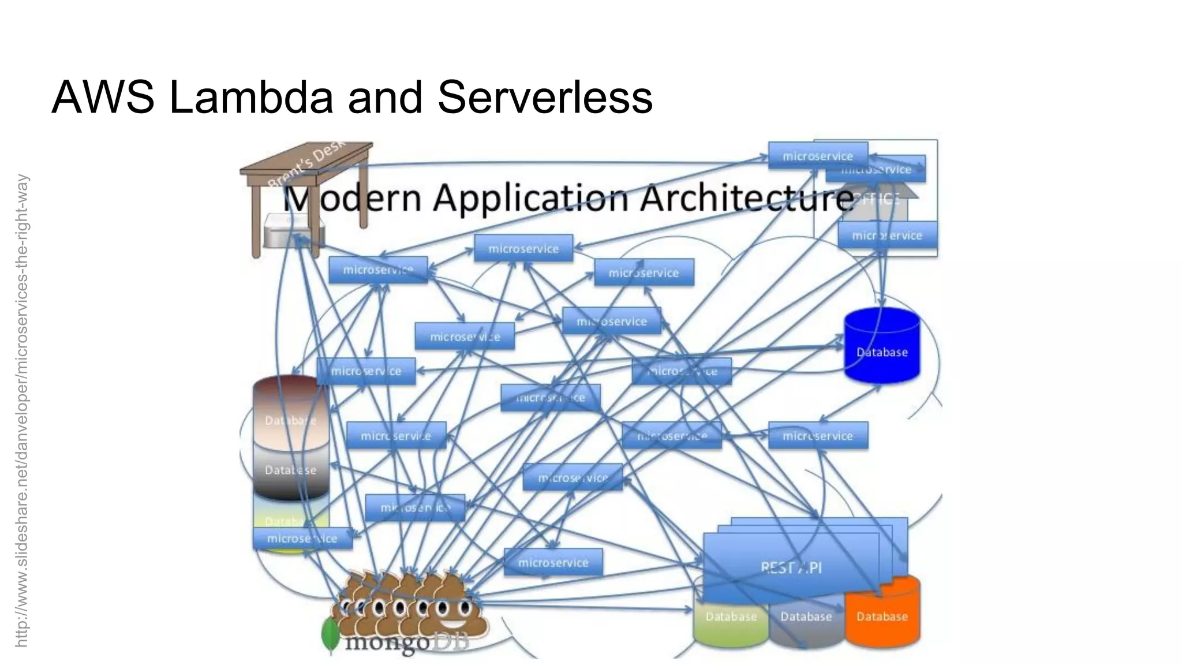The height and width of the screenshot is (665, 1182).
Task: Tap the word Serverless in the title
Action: coord(544,96)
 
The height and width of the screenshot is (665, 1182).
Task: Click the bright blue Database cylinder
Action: coord(881,346)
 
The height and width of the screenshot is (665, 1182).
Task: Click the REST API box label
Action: coord(791,567)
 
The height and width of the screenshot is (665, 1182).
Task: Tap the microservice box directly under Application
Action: coord(523,248)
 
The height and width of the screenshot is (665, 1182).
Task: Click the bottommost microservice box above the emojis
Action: coord(553,562)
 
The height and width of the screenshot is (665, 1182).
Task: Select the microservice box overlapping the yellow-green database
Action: coord(302,539)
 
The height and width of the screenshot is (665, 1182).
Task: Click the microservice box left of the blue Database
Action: coord(682,371)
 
